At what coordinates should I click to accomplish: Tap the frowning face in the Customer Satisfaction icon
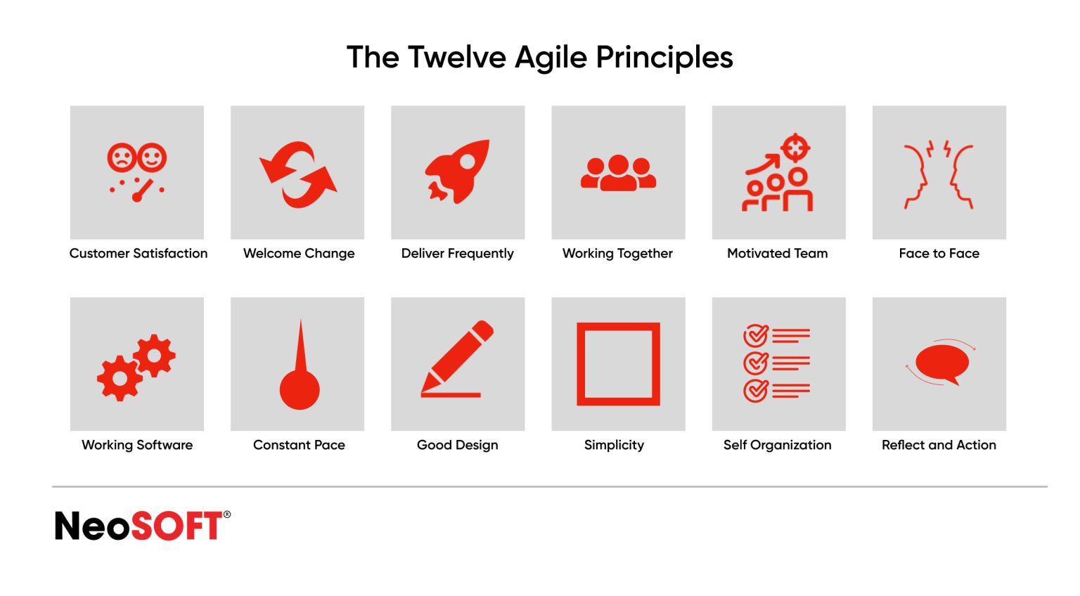click(121, 157)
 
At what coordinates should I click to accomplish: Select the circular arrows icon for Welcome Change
click(298, 174)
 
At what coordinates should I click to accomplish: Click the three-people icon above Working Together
click(618, 173)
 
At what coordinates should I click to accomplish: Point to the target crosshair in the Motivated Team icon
click(795, 148)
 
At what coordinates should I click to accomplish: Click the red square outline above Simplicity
click(618, 363)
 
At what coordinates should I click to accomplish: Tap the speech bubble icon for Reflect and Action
click(941, 363)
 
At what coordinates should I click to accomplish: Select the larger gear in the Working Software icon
click(120, 378)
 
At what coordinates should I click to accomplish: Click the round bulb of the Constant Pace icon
click(300, 390)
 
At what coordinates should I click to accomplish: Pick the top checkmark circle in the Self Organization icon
click(755, 336)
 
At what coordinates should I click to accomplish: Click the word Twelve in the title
click(456, 58)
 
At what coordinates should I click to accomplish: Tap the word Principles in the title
click(664, 58)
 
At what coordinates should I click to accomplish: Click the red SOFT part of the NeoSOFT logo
click(177, 526)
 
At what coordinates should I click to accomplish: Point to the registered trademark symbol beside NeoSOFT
click(226, 514)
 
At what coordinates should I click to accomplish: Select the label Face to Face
click(939, 253)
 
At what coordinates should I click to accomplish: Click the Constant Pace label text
click(299, 445)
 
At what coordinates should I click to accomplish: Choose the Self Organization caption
click(777, 445)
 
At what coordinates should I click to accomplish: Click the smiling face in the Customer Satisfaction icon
click(152, 157)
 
